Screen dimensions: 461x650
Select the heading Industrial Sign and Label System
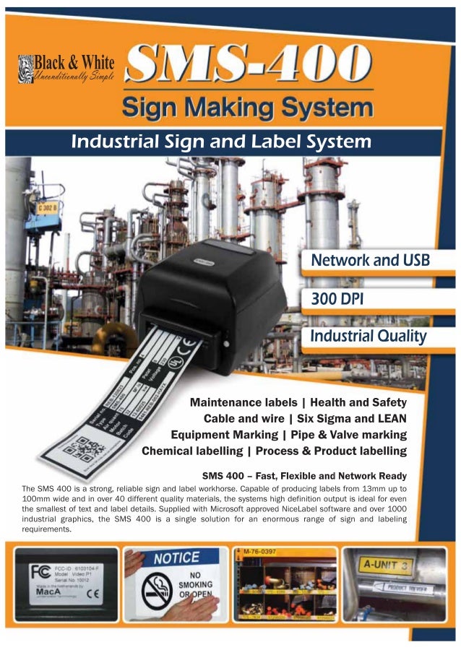click(x=221, y=141)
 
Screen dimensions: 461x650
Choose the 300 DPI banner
click(x=340, y=298)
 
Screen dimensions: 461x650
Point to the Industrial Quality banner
click(x=368, y=337)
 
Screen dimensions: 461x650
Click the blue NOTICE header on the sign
click(x=176, y=558)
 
